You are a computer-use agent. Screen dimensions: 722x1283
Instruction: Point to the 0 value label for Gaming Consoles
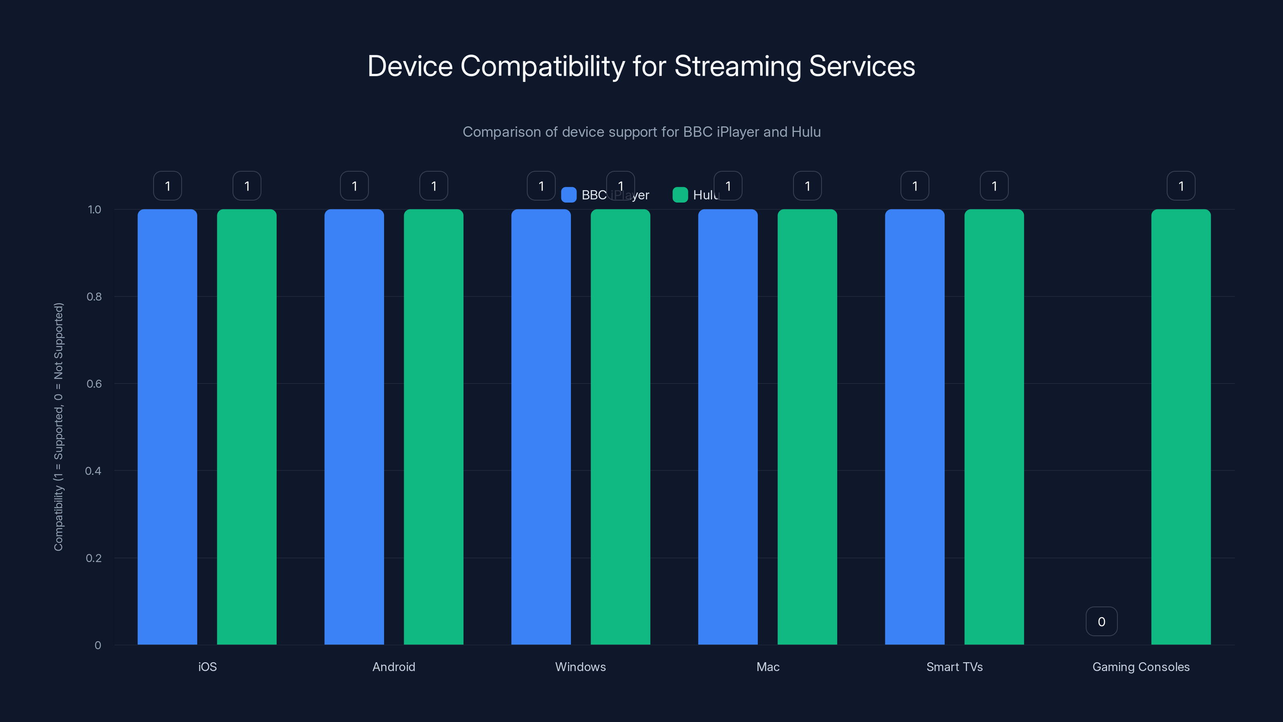(1101, 621)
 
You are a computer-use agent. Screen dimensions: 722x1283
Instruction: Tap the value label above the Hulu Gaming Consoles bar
(1180, 186)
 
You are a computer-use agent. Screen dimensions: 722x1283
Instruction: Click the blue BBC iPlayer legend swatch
(568, 195)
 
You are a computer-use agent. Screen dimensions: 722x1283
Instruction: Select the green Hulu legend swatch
(680, 195)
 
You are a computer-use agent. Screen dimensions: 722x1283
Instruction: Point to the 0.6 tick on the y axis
(94, 384)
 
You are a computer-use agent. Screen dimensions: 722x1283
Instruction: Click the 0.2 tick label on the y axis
(94, 558)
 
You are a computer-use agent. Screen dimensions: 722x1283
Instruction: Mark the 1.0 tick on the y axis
(94, 210)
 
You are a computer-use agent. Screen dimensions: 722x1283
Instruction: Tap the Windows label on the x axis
(580, 667)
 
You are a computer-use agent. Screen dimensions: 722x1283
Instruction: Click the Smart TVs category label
(954, 667)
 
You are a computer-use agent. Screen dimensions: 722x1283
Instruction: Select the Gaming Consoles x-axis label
(1141, 667)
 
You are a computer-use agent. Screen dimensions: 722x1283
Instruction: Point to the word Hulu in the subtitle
(806, 132)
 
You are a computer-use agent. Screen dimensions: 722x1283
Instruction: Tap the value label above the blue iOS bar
(167, 186)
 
